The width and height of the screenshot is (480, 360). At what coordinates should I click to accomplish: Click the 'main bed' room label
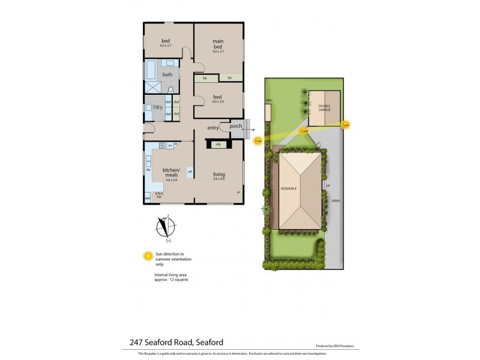[218, 44]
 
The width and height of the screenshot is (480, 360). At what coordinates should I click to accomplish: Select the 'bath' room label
[167, 75]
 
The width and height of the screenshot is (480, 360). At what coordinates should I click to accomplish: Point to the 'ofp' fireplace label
[219, 144]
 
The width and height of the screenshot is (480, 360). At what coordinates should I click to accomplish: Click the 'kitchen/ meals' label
[172, 172]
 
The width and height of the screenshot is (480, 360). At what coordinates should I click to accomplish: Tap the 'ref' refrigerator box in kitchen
[190, 172]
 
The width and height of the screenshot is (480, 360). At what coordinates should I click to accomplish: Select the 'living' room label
[218, 175]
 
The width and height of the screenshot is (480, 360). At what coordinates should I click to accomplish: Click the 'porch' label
[236, 126]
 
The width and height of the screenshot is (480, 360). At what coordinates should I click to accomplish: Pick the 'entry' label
[213, 128]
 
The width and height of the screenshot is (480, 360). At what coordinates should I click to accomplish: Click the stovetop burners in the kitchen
[162, 146]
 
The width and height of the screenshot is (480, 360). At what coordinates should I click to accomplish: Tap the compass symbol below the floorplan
[166, 227]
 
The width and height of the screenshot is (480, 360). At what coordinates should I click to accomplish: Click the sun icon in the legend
[147, 256]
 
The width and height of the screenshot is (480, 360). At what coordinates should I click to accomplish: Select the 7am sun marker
[258, 141]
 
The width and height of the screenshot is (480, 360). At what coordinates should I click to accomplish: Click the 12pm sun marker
[304, 131]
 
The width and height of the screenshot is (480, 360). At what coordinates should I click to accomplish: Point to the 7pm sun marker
[345, 125]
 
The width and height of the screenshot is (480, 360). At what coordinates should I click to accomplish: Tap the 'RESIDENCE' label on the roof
[289, 189]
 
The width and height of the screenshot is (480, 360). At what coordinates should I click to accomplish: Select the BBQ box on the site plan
[269, 110]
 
